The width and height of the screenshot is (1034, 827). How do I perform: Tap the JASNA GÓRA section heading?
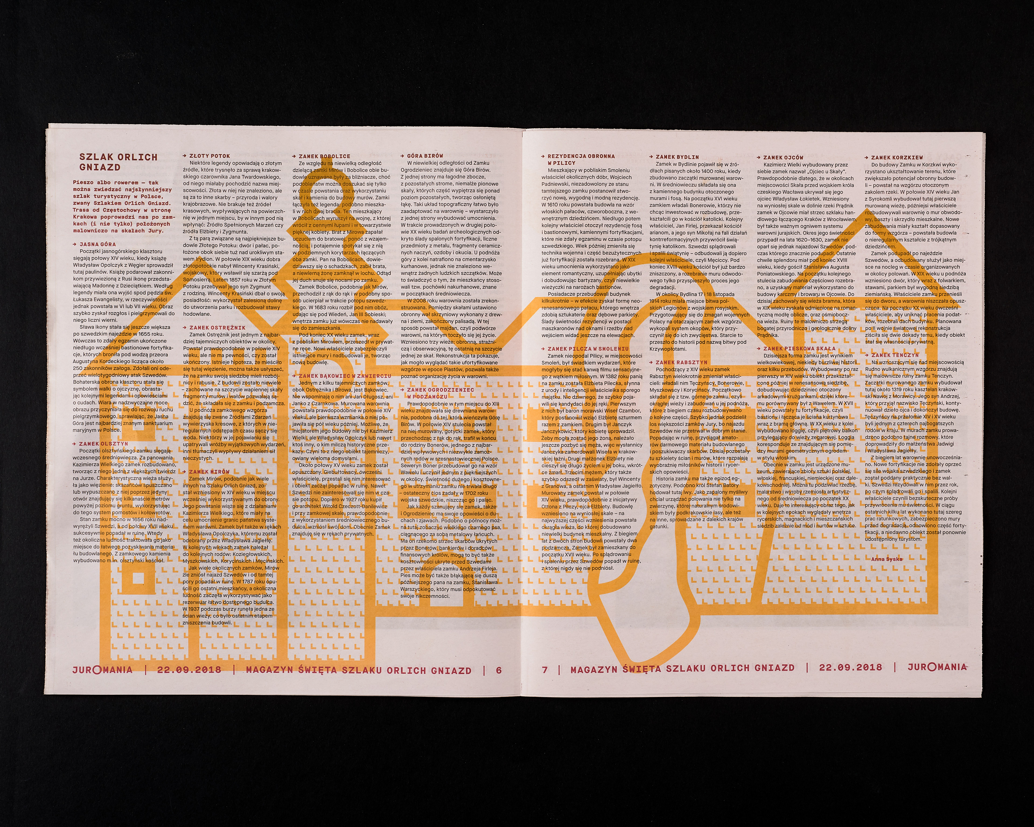(97, 244)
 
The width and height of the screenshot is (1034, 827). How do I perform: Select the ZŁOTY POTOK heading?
(209, 156)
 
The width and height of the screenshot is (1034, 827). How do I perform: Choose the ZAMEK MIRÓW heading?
(209, 472)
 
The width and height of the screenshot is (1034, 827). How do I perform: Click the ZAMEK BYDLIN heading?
(677, 157)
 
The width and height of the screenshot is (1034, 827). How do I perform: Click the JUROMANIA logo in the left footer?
(102, 669)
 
